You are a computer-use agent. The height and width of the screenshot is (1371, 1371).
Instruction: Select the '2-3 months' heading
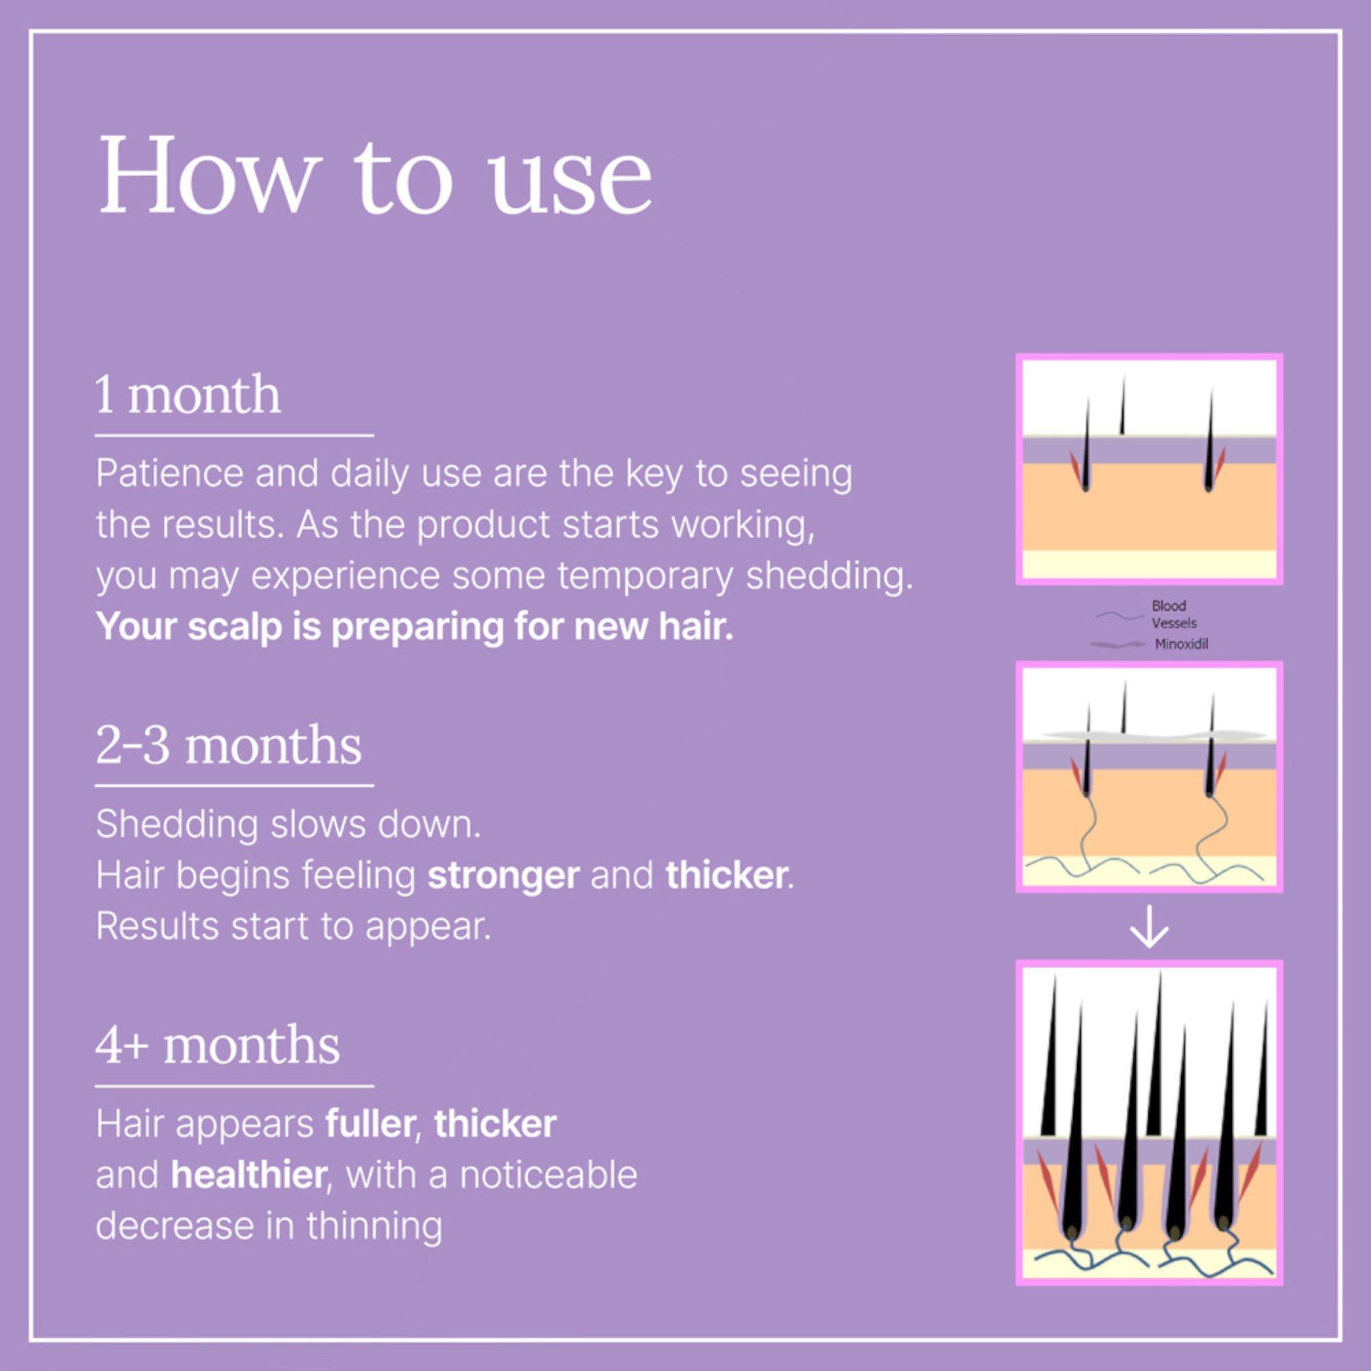tap(228, 746)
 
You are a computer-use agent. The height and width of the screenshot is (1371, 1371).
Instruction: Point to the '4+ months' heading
tap(218, 1045)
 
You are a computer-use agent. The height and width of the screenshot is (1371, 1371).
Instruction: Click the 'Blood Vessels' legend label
tap(1174, 614)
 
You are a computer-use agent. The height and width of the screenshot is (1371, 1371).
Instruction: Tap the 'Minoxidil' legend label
tap(1182, 645)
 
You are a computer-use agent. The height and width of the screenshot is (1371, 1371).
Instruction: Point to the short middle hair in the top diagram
tap(1122, 404)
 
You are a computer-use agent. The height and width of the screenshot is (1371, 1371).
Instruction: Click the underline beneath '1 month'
tap(234, 435)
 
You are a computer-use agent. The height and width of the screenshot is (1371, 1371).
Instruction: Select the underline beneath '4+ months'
tap(234, 1086)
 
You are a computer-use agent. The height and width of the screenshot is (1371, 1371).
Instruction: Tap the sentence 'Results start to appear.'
tap(293, 927)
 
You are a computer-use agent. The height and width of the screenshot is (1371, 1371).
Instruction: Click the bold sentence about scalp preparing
tap(415, 628)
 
